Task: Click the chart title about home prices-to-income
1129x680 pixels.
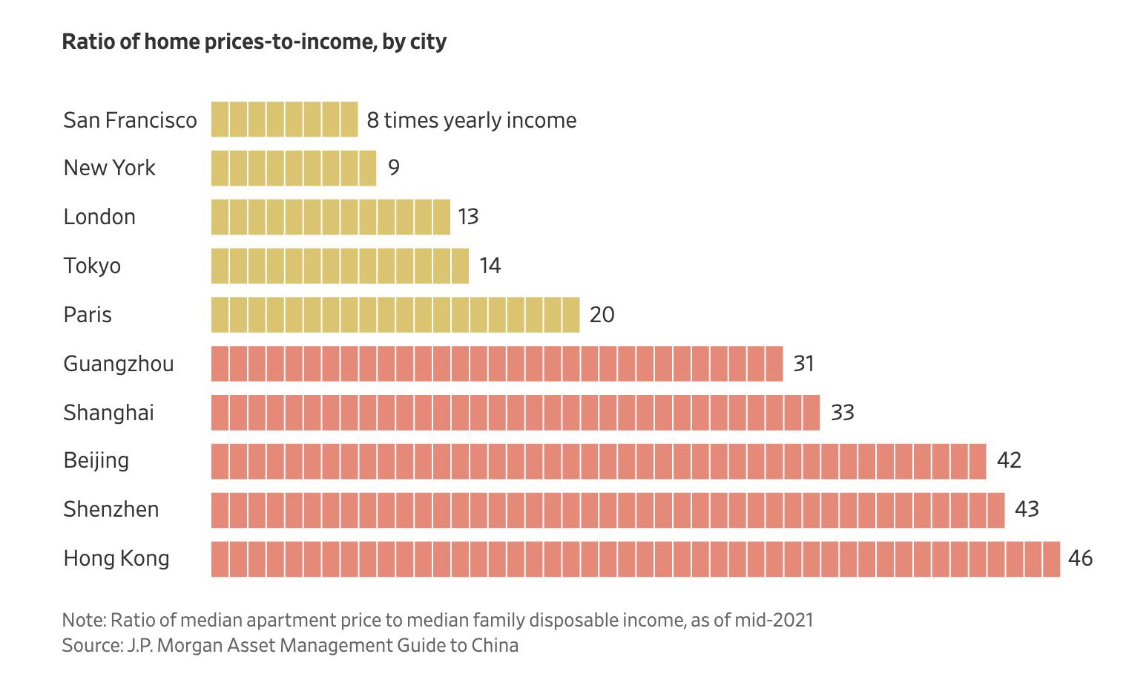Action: [x=254, y=42]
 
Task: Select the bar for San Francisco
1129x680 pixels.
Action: [x=284, y=120]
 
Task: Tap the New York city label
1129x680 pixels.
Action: [x=109, y=168]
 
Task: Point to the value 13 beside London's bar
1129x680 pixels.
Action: [x=468, y=217]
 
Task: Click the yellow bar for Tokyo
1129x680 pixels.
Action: [x=340, y=266]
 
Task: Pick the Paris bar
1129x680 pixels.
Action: [x=395, y=315]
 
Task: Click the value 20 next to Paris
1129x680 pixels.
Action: [x=602, y=315]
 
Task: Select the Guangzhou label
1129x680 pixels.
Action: [x=119, y=364]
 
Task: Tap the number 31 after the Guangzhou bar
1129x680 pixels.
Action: [x=804, y=364]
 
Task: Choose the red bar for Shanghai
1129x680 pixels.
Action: [x=515, y=413]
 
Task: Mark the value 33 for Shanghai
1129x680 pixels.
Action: [x=842, y=413]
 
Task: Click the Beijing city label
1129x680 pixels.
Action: [x=96, y=461]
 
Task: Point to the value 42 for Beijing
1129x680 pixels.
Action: [x=1009, y=461]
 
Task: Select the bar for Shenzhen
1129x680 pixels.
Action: [x=608, y=510]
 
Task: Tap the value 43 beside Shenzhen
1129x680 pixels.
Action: [x=1027, y=510]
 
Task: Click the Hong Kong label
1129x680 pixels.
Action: [x=116, y=558]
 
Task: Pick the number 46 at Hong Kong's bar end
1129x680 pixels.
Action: [x=1080, y=558]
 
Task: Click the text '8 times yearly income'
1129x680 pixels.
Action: [x=471, y=120]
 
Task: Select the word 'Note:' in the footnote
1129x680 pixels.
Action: [x=84, y=620]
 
